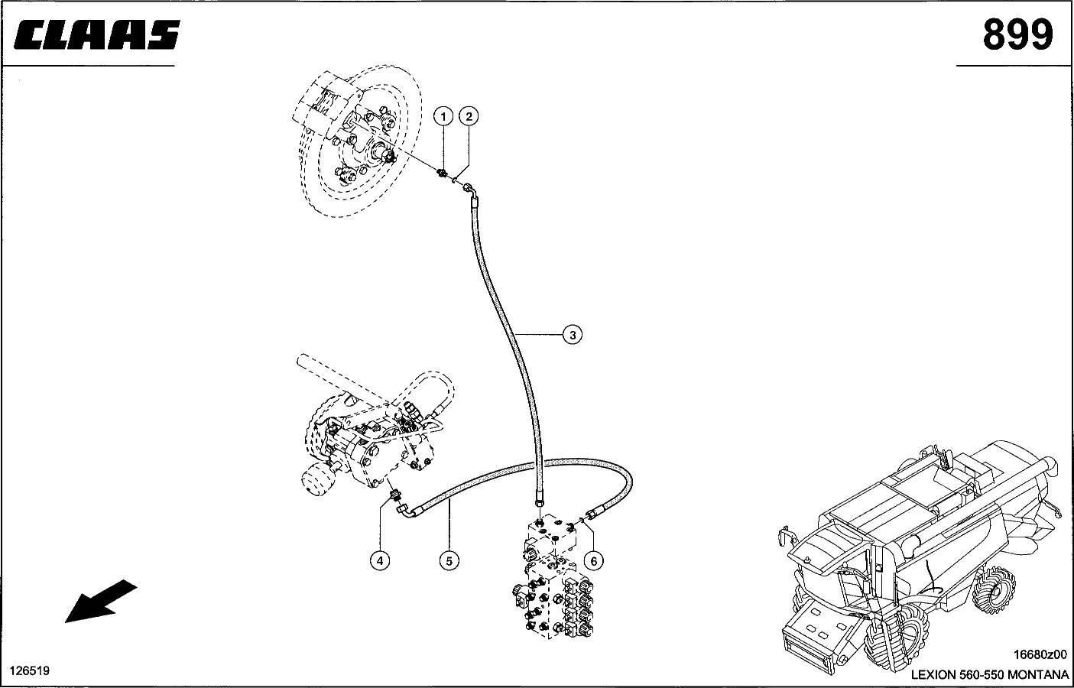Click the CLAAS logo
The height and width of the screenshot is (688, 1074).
point(97,35)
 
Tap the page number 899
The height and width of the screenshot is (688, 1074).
point(1017,34)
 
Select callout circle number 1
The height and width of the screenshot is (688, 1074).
point(443,116)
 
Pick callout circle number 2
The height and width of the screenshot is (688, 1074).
point(469,116)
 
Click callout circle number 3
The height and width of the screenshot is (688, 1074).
point(572,334)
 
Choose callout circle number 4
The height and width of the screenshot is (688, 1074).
point(380,560)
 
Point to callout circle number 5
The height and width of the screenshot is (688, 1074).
point(449,560)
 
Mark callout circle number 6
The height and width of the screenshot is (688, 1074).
point(594,560)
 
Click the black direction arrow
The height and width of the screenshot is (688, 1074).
point(101,601)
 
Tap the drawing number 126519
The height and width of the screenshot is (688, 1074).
point(30,670)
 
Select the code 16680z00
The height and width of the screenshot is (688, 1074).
point(1040,654)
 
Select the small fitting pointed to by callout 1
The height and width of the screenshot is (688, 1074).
point(443,173)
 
